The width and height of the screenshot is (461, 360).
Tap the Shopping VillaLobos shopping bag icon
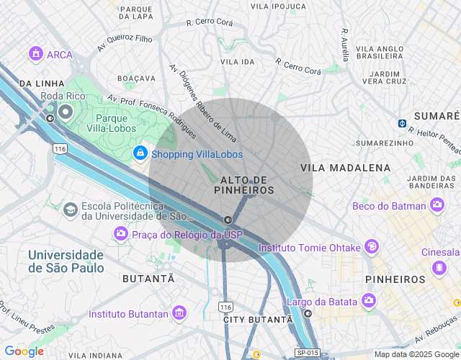pyautogui.click(x=140, y=153)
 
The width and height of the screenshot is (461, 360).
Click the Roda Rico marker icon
pyautogui.click(x=66, y=111)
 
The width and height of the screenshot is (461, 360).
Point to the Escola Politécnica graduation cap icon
pyautogui.click(x=70, y=210)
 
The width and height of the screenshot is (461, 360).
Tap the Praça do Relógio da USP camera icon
pyautogui.click(x=121, y=234)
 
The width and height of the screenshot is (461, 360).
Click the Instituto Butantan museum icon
pyautogui.click(x=179, y=314)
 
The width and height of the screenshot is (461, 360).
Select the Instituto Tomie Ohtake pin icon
pyautogui.click(x=371, y=247)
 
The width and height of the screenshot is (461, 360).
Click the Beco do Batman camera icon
pyautogui.click(x=437, y=206)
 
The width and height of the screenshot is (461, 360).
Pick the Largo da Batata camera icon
pyautogui.click(x=369, y=300)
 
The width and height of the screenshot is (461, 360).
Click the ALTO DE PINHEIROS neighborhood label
pyautogui.click(x=245, y=184)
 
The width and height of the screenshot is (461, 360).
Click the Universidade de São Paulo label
pyautogui.click(x=66, y=261)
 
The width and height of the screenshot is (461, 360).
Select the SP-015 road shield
pyautogui.click(x=307, y=353)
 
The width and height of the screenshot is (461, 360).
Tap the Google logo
pyautogui.click(x=24, y=351)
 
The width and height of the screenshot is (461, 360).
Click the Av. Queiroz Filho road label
pyautogui.click(x=125, y=43)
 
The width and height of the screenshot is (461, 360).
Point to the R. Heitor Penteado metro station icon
pyautogui.click(x=402, y=122)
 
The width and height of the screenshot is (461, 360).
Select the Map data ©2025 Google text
pyautogui.click(x=416, y=354)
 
